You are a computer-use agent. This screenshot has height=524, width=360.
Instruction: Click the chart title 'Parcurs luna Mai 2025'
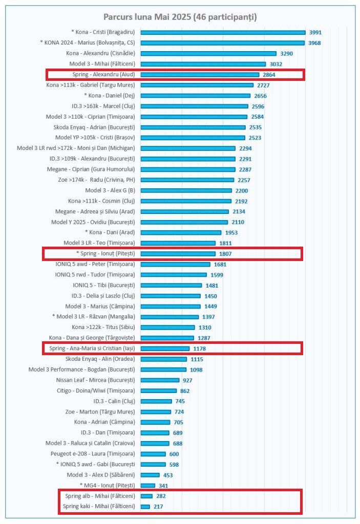pyautogui.click(x=180, y=17)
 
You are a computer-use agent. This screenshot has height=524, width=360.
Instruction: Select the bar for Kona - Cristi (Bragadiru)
pyautogui.click(x=223, y=32)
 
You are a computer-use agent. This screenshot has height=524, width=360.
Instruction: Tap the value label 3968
pyautogui.click(x=315, y=43)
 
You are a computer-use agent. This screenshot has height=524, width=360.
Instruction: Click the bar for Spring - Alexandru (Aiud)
pyautogui.click(x=200, y=74)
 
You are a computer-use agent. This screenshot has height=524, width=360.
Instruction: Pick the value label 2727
pyautogui.click(x=263, y=85)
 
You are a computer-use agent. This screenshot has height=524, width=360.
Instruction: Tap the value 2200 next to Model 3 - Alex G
pyautogui.click(x=242, y=190)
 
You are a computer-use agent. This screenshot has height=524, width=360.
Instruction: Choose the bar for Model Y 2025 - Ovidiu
pyautogui.click(x=184, y=222)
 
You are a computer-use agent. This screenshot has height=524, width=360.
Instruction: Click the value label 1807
pyautogui.click(x=225, y=254)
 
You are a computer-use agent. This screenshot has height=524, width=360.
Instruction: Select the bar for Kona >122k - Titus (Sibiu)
pyautogui.click(x=167, y=327)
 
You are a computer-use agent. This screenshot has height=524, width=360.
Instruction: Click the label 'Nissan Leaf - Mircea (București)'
pyautogui.click(x=95, y=380)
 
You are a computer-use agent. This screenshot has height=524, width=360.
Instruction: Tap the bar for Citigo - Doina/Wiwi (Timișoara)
pyautogui.click(x=158, y=390)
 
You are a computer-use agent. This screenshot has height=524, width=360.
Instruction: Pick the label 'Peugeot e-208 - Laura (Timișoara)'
pyautogui.click(x=93, y=454)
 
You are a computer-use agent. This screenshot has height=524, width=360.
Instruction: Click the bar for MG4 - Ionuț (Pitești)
pyautogui.click(x=147, y=485)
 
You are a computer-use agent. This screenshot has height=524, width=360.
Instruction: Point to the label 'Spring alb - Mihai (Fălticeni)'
pyautogui.click(x=100, y=496)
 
